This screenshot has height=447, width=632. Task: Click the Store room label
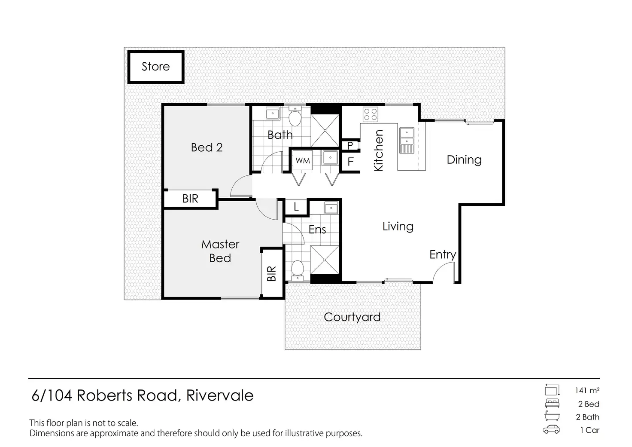pos(156,67)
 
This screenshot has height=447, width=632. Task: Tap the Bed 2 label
pos(207,147)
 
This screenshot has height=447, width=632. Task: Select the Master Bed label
pos(220,251)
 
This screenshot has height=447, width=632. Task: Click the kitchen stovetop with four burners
pos(371,114)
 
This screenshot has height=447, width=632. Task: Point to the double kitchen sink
pos(407,141)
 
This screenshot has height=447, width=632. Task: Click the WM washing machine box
pos(303,160)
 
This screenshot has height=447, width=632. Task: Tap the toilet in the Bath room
pos(295,116)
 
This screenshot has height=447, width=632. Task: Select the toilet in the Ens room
pos(297,270)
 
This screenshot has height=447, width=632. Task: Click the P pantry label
pos(350,146)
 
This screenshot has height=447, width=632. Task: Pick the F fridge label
pos(350,162)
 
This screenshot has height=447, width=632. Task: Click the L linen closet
pos(296,207)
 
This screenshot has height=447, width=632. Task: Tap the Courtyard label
pos(352,317)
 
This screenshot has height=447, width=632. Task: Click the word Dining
pos(464,160)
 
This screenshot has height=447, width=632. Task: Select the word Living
pos(398,227)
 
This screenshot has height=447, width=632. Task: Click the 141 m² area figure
pos(587,391)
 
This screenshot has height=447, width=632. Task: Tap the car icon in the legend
pos(551,430)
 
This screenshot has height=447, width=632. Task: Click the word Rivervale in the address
pos(220,395)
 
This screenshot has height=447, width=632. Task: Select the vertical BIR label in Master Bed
pos(271,274)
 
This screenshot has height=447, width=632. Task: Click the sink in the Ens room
pos(331,208)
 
